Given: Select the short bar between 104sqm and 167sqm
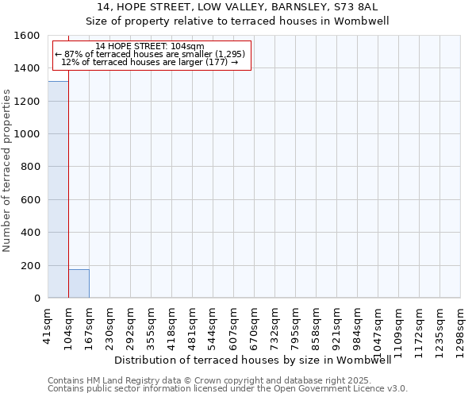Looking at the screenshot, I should [79, 283].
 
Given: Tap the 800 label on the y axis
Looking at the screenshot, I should [32, 167].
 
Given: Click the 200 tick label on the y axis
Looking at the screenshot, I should [32, 265].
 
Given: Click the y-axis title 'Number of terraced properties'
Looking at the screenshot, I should [7, 171].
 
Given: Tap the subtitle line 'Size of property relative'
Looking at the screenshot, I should [237, 21].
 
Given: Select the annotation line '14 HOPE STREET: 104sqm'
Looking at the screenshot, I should [149, 46].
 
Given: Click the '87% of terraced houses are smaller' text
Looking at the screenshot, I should [150, 54].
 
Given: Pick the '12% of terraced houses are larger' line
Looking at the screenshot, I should [149, 62].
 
